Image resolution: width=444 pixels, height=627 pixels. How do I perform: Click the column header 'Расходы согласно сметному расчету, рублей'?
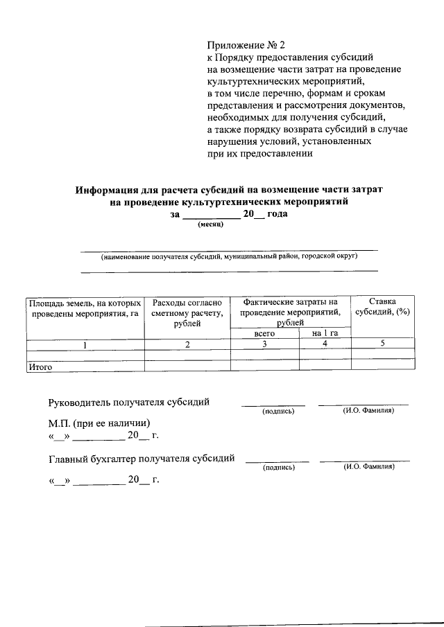(187, 312)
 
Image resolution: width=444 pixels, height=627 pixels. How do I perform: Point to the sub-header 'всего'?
(264, 333)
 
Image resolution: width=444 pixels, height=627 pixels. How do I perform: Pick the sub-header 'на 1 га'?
(325, 333)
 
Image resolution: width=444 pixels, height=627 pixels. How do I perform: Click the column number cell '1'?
(85, 344)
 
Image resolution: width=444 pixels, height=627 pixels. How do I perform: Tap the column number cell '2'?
(187, 344)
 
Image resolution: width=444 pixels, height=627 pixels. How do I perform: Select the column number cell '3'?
(264, 344)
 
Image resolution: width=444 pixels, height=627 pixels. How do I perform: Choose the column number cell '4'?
(325, 344)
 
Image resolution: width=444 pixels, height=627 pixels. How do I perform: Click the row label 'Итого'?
(40, 367)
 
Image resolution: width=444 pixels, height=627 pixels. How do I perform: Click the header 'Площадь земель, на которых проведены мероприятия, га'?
(85, 308)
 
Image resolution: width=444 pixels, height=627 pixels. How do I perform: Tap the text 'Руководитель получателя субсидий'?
(129, 403)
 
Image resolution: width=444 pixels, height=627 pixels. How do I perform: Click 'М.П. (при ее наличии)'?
(100, 423)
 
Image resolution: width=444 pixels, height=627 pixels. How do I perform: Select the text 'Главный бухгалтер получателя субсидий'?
(142, 458)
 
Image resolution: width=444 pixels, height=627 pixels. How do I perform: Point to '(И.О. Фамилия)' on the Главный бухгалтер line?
(369, 468)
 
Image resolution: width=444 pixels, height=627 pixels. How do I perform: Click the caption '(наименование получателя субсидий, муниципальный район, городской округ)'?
(229, 256)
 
